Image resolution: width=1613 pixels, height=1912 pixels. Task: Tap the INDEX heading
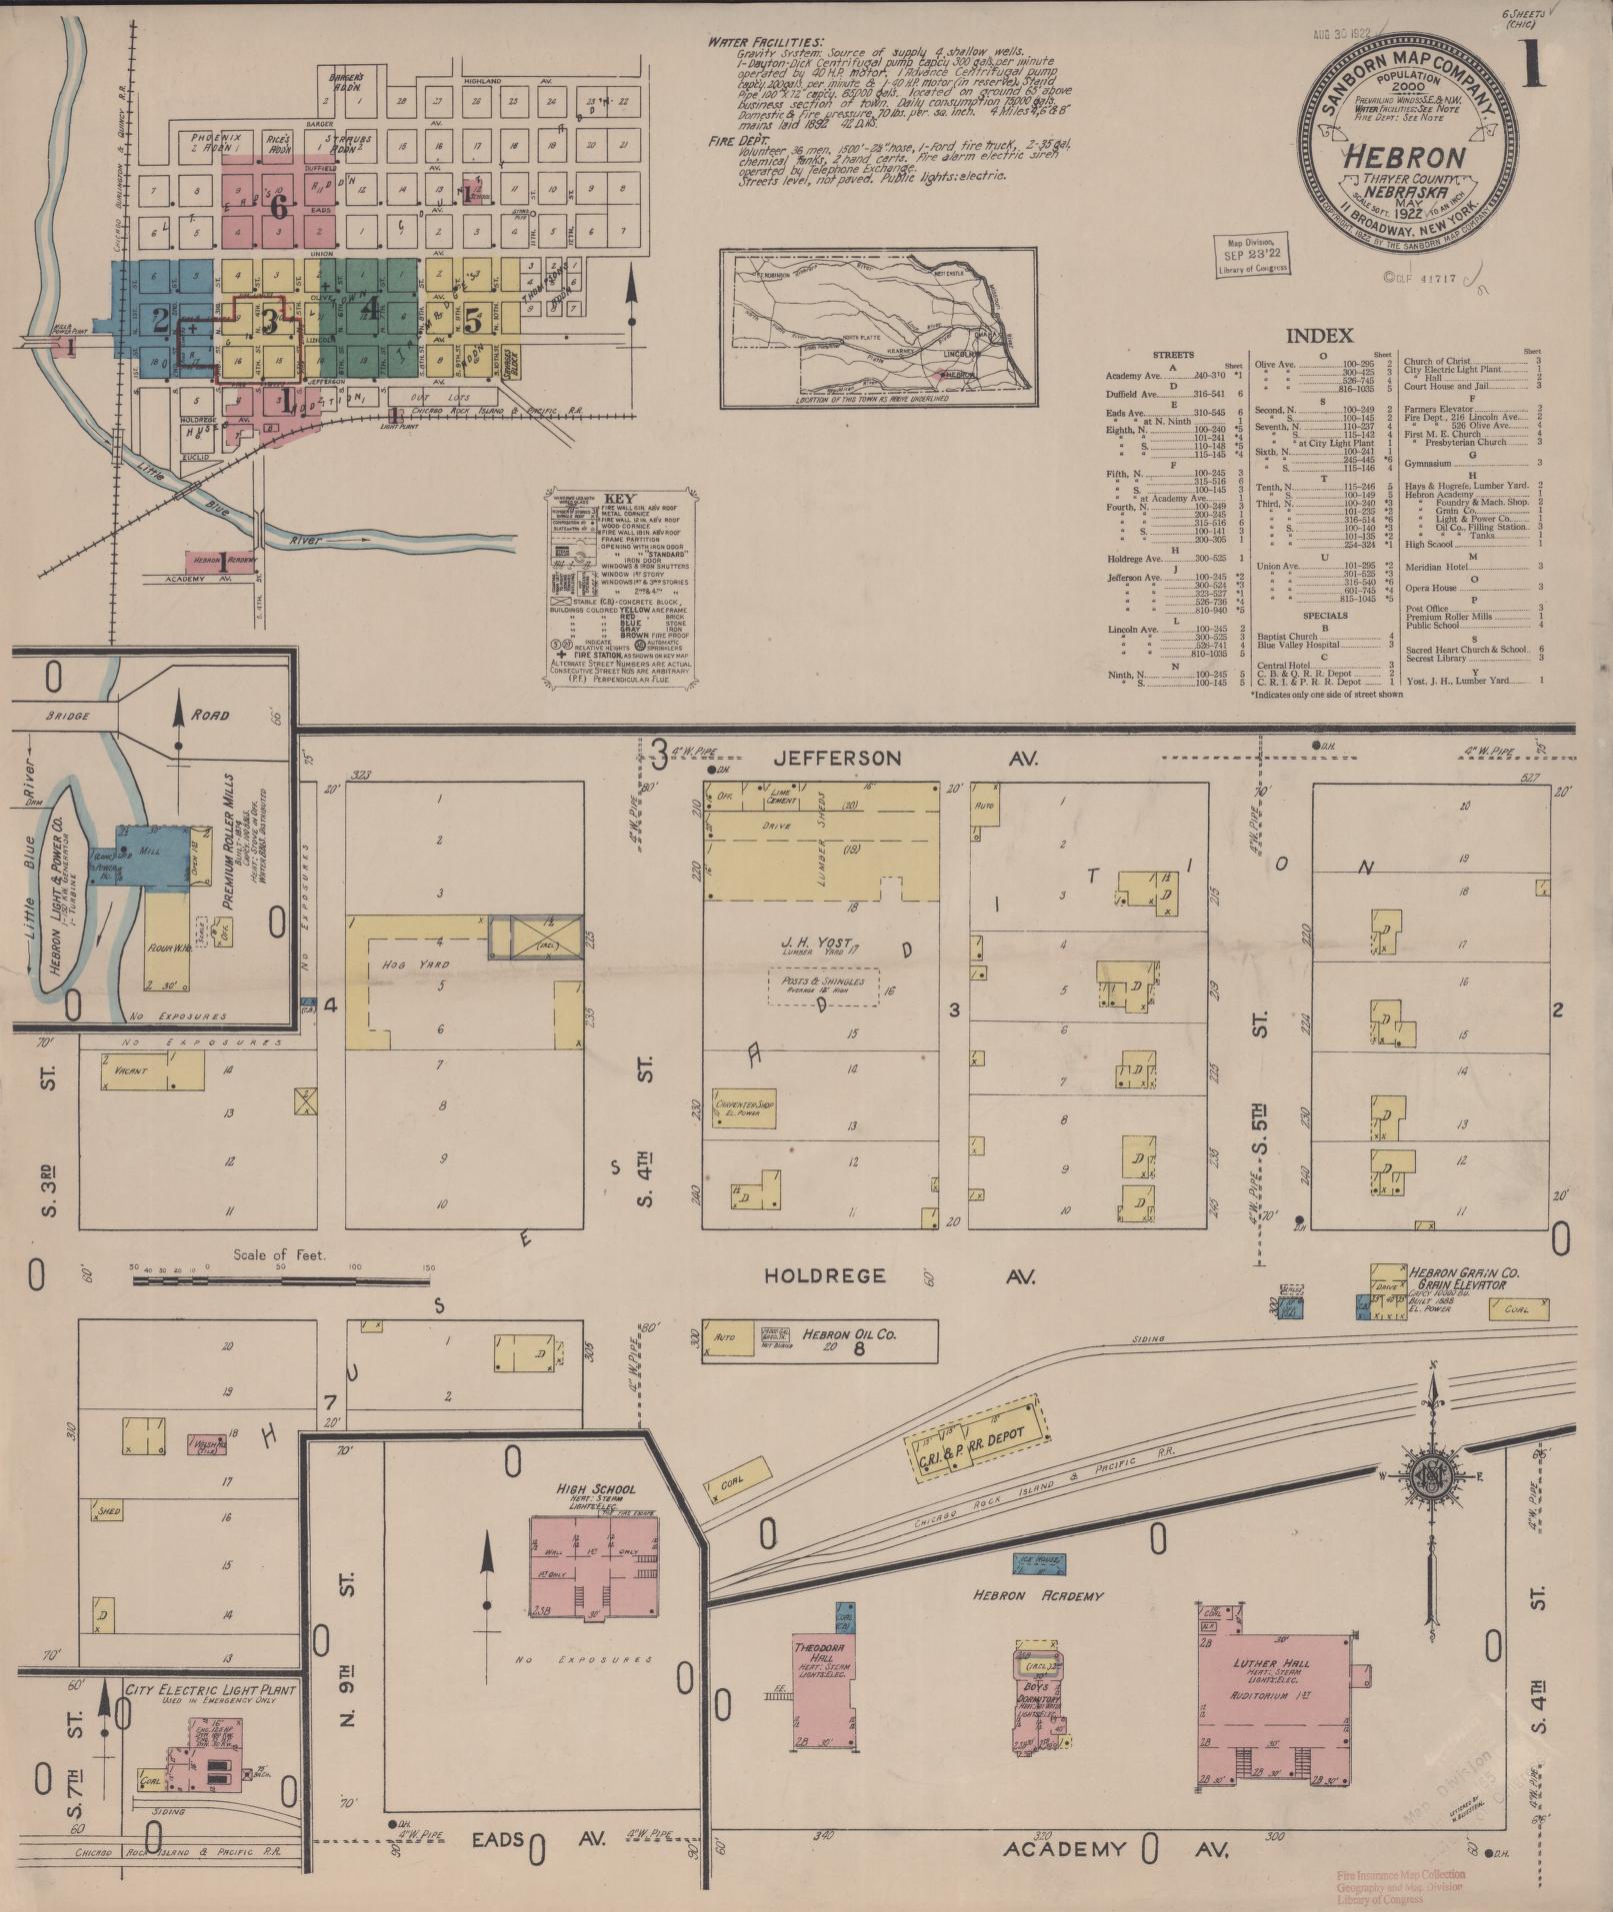(1319, 336)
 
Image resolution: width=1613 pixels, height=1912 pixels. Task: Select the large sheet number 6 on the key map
(279, 207)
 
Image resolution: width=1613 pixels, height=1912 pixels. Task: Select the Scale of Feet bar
(281, 1278)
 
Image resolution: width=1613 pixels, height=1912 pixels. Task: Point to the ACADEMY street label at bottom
(1064, 1849)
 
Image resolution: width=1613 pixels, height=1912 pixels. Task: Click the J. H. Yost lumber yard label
(820, 943)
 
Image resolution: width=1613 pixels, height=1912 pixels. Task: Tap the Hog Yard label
(402, 964)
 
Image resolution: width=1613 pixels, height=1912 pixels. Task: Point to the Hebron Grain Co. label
(1463, 1273)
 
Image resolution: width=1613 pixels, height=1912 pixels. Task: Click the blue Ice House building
(1040, 1560)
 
